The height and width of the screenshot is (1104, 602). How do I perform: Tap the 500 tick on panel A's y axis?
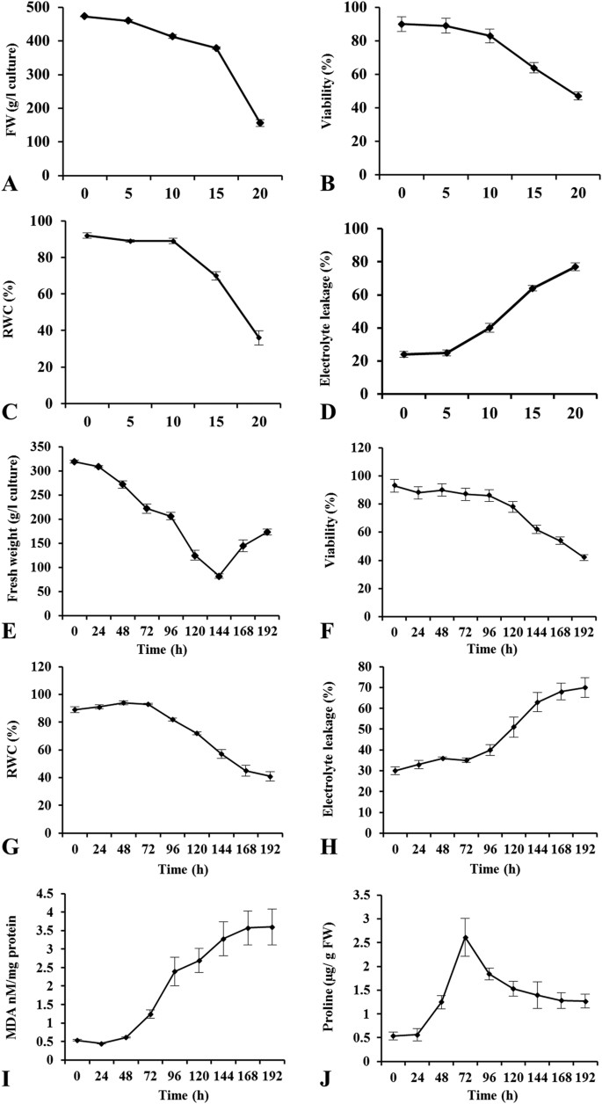tap(39, 8)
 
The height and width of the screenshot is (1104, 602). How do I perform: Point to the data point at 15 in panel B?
tap(533, 68)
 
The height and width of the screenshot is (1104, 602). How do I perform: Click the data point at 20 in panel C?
tap(259, 338)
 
